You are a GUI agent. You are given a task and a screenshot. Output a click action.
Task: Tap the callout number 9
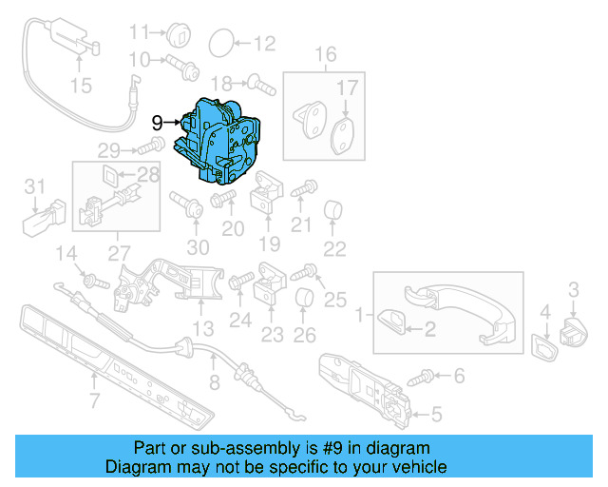[158, 123]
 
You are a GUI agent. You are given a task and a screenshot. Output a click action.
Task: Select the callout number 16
[326, 54]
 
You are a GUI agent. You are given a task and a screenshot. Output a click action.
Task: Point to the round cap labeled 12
[219, 42]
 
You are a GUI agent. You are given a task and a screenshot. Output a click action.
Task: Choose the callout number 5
[436, 414]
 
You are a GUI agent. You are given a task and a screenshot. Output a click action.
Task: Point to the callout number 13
[201, 328]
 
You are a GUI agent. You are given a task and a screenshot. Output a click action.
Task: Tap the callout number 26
[304, 335]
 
